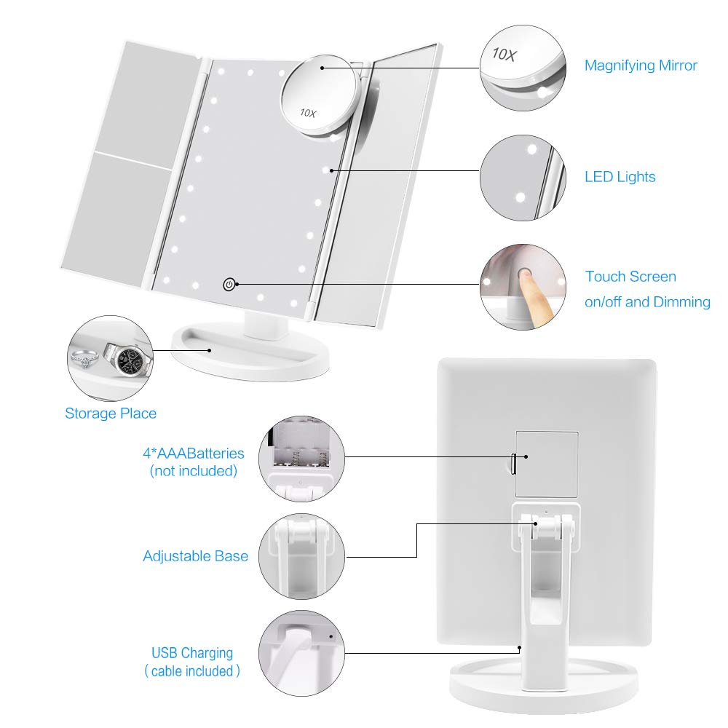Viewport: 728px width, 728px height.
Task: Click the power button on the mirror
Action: (229, 284)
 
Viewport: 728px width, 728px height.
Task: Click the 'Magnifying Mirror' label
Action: (641, 66)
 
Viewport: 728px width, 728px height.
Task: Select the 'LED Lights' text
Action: (620, 177)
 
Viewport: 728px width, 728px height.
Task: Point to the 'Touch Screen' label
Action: (630, 277)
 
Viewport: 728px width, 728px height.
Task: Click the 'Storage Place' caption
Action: (111, 414)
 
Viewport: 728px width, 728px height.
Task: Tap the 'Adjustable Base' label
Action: (195, 556)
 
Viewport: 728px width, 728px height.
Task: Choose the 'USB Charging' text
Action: (192, 653)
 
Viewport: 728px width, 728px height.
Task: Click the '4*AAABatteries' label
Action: (194, 454)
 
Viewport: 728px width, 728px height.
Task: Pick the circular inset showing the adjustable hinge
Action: (301, 555)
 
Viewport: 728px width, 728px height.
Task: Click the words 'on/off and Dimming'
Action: (647, 301)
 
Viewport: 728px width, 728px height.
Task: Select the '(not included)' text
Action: (194, 471)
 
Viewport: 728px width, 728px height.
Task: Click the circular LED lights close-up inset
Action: (522, 177)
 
